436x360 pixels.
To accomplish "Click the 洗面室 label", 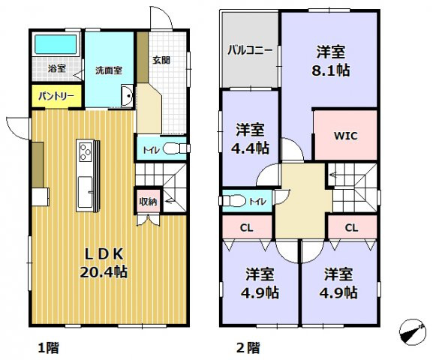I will [x=108, y=70].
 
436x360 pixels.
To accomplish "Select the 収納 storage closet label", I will [x=148, y=200].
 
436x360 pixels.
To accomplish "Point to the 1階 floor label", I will [x=48, y=347].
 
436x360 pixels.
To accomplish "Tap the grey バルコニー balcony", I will [x=250, y=51].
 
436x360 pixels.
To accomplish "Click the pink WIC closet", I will [x=344, y=136].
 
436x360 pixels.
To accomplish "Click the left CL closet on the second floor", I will [x=247, y=226].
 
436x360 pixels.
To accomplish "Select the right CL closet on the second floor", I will [x=351, y=226].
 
